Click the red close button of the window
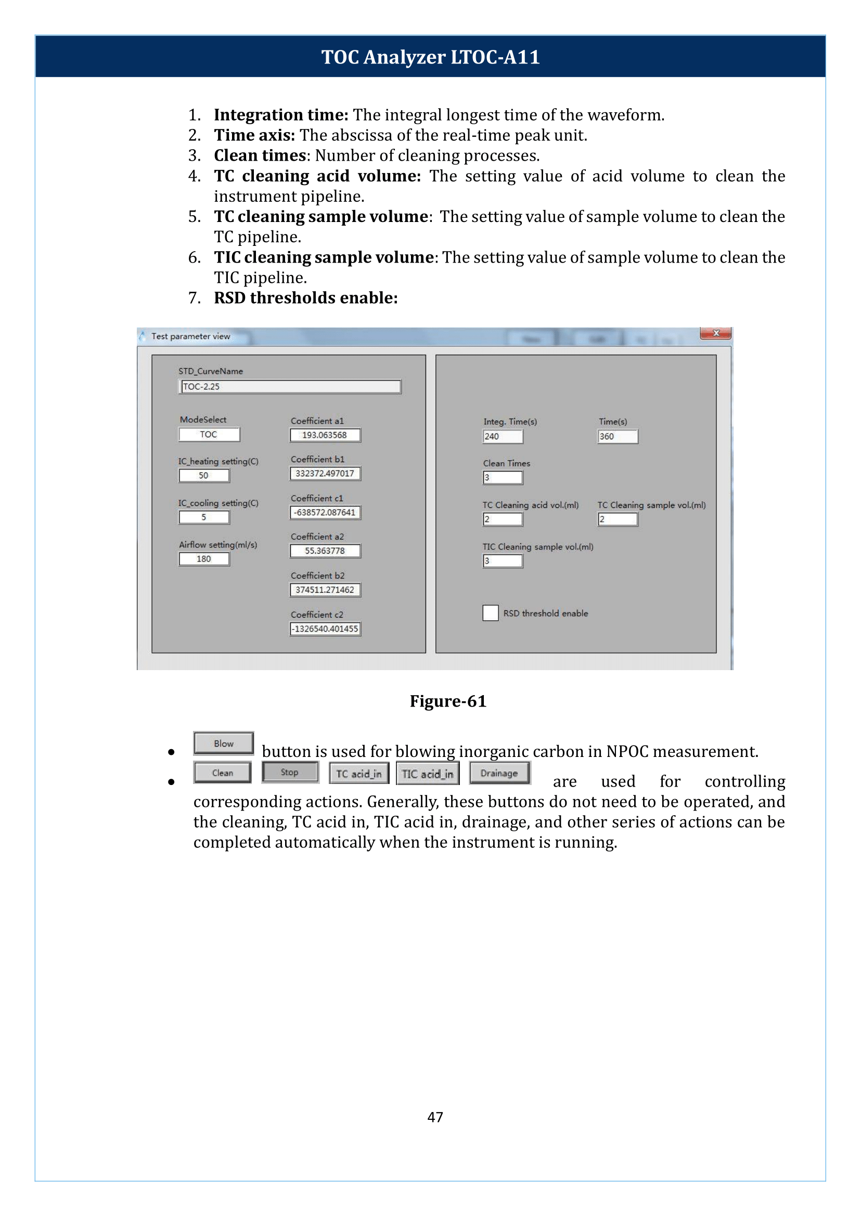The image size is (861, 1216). click(x=715, y=333)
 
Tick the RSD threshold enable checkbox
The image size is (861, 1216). click(x=490, y=613)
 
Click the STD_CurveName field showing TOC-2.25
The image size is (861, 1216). click(x=289, y=387)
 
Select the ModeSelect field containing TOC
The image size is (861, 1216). click(x=209, y=435)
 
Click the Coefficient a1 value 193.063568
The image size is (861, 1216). click(x=325, y=435)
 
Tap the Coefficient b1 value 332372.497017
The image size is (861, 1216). click(x=325, y=474)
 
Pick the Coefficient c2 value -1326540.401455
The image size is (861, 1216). click(x=325, y=629)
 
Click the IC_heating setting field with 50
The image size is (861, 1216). click(x=204, y=476)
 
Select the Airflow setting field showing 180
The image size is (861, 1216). click(x=204, y=559)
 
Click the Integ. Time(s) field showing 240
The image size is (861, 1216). click(x=502, y=437)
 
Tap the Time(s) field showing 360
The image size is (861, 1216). click(x=617, y=437)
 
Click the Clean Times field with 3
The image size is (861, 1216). click(x=502, y=478)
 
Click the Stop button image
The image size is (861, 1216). click(x=289, y=773)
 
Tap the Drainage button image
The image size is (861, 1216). click(x=499, y=773)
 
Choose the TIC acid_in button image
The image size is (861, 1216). click(x=427, y=774)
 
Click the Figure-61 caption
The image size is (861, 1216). click(x=447, y=701)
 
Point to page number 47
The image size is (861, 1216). click(x=435, y=1117)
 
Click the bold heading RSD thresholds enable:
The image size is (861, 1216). click(x=305, y=298)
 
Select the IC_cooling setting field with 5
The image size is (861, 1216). click(x=204, y=518)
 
